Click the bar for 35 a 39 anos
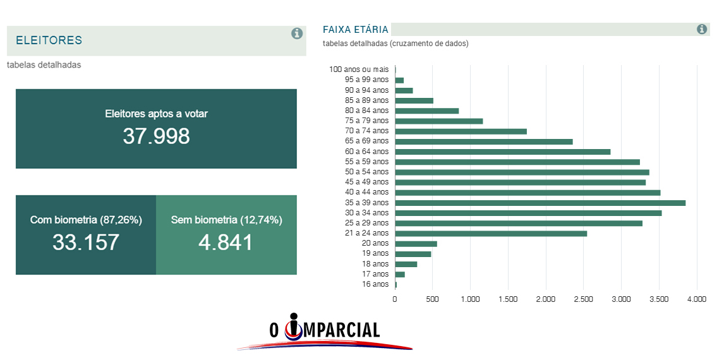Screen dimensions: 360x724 (x=540, y=203)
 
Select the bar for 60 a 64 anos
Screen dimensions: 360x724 (x=502, y=152)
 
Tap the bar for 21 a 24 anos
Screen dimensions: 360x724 (x=490, y=234)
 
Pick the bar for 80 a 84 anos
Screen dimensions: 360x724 (x=426, y=111)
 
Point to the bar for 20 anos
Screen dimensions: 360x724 (x=416, y=244)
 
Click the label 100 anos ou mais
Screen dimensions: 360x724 (x=359, y=69)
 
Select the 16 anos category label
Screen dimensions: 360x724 (x=375, y=284)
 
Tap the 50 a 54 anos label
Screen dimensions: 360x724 (x=366, y=172)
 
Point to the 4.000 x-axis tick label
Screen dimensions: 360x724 (x=696, y=299)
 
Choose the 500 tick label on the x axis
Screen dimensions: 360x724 (x=432, y=299)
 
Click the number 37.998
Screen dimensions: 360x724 (x=156, y=136)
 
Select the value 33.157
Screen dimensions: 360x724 (x=86, y=243)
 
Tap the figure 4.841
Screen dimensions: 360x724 (x=226, y=243)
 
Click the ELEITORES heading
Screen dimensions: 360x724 (x=49, y=40)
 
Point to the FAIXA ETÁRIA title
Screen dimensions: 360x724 (x=356, y=30)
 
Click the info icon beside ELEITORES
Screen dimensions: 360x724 (x=297, y=33)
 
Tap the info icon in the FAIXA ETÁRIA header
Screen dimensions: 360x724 (x=701, y=29)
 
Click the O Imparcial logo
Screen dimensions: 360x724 (x=325, y=332)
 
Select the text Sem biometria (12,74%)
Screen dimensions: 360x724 (x=226, y=220)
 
